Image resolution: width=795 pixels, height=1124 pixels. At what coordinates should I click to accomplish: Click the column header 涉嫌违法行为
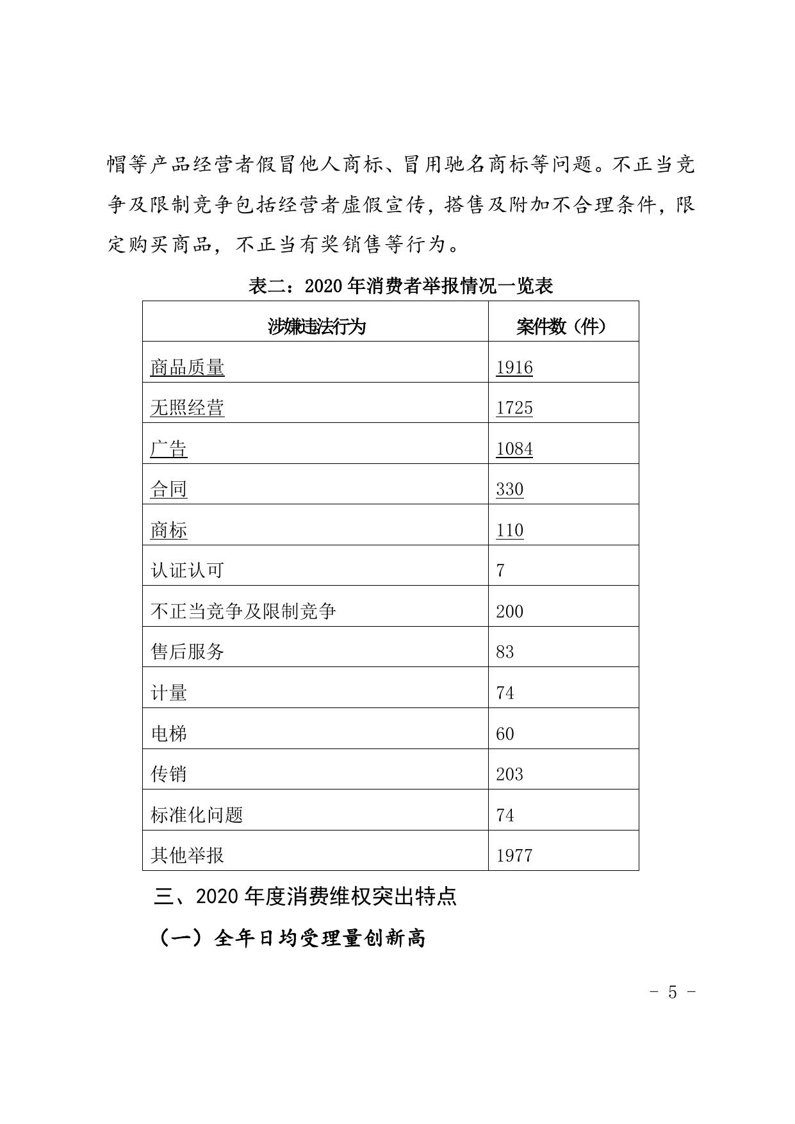(316, 327)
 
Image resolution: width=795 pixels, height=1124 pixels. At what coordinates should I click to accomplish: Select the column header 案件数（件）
(561, 327)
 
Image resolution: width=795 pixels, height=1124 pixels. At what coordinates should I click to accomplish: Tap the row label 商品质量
(187, 367)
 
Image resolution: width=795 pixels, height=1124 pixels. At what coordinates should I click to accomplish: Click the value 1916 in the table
(514, 367)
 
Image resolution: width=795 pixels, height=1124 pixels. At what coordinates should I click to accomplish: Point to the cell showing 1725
(514, 408)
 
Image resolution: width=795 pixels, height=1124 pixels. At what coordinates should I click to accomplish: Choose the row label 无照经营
(187, 408)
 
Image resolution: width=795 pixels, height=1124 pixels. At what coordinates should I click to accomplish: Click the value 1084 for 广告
(514, 449)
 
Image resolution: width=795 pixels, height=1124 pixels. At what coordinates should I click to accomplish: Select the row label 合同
(168, 489)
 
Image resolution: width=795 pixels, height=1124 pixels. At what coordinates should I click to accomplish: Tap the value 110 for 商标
(509, 530)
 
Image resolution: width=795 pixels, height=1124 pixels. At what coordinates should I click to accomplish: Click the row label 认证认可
(187, 570)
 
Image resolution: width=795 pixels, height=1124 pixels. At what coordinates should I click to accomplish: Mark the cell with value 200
(509, 611)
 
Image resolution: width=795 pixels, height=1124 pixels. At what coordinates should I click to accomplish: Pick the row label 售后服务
(187, 652)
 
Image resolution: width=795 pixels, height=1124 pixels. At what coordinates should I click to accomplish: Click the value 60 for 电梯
(505, 734)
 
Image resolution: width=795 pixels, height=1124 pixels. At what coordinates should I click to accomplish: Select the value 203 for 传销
(509, 774)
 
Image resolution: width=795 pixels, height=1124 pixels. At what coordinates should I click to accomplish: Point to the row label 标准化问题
(197, 815)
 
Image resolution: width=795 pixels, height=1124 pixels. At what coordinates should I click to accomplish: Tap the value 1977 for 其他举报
(514, 855)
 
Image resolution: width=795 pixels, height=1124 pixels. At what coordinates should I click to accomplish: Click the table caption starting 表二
(400, 286)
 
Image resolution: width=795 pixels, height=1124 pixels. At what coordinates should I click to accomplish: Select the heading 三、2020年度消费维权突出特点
(305, 896)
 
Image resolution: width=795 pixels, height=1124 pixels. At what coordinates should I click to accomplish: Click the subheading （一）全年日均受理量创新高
(291, 938)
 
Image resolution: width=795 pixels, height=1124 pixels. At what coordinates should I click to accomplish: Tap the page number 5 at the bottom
(672, 992)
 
